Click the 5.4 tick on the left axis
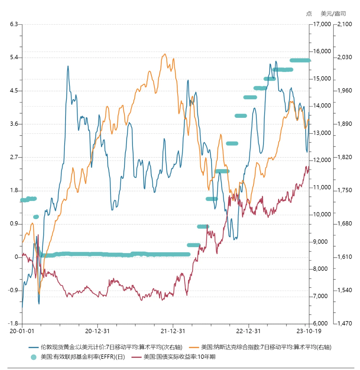click(x=14, y=57)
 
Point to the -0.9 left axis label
click(x=13, y=290)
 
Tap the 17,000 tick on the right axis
click(x=322, y=24)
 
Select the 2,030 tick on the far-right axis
click(x=345, y=57)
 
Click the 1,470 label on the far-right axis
click(x=345, y=323)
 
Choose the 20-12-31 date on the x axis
click(x=97, y=331)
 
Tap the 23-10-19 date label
click(x=309, y=331)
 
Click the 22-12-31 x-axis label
click(x=248, y=331)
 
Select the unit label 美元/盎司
click(x=333, y=14)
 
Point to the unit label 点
click(x=309, y=14)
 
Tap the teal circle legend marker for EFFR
click(x=34, y=357)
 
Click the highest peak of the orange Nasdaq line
click(x=165, y=54)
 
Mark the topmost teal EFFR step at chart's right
click(x=300, y=60)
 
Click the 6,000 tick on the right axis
click(x=320, y=323)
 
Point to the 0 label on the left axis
click(x=16, y=257)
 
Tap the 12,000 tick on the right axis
click(x=322, y=160)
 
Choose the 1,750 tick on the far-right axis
click(x=345, y=190)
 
